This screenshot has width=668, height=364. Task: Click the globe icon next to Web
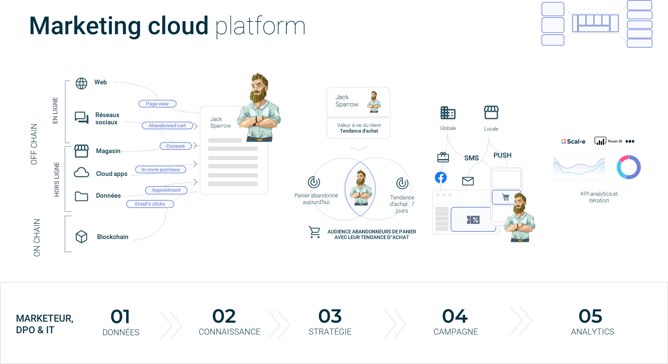(81, 83)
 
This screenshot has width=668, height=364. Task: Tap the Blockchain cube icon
(81, 236)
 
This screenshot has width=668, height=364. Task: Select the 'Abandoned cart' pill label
(167, 125)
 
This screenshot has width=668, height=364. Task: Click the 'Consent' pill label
(175, 146)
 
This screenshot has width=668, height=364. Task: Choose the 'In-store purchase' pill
(160, 169)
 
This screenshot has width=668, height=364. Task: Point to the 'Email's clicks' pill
(150, 204)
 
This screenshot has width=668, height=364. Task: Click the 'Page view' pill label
(157, 104)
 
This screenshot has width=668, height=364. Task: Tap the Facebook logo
(441, 177)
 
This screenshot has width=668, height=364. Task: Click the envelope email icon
(468, 181)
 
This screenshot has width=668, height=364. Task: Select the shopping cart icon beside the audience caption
(315, 232)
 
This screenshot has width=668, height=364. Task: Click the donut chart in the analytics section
(629, 167)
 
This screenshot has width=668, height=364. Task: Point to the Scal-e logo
(573, 142)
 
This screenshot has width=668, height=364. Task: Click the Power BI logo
(608, 141)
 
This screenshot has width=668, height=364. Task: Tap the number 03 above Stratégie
(330, 316)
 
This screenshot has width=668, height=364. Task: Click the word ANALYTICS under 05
(592, 332)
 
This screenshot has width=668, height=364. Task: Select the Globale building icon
(448, 113)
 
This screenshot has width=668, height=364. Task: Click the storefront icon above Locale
(491, 112)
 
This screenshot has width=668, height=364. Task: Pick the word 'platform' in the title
(260, 27)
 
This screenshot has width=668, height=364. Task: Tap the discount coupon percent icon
(473, 220)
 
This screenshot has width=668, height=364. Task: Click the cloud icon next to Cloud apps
(81, 173)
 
